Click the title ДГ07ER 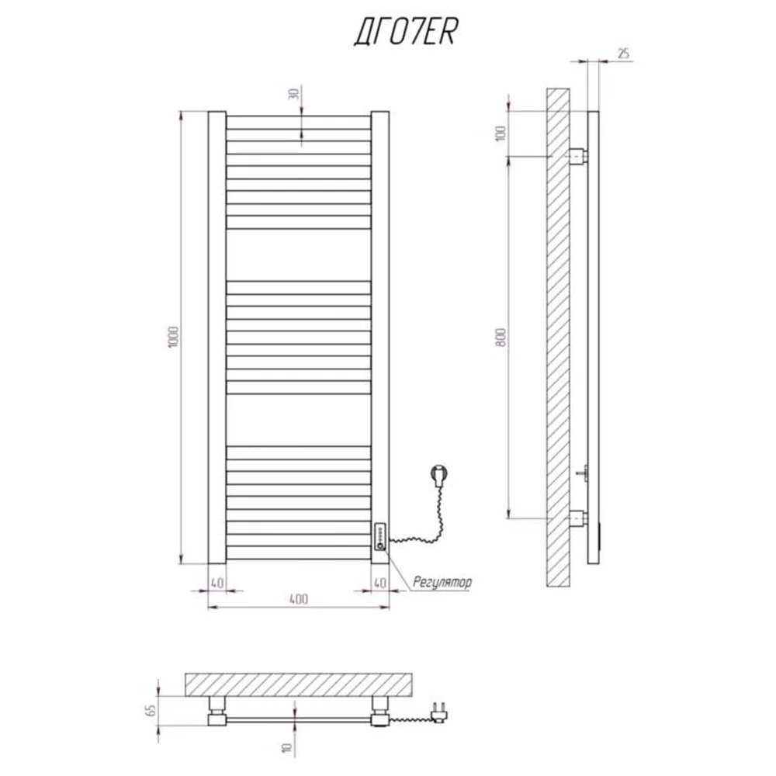405,32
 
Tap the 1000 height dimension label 173,337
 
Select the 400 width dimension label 299,599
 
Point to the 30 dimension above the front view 293,94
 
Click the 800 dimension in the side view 501,337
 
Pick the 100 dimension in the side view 501,133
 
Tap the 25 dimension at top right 624,53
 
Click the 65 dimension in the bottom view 151,710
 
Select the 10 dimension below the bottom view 287,747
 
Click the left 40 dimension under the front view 217,583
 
